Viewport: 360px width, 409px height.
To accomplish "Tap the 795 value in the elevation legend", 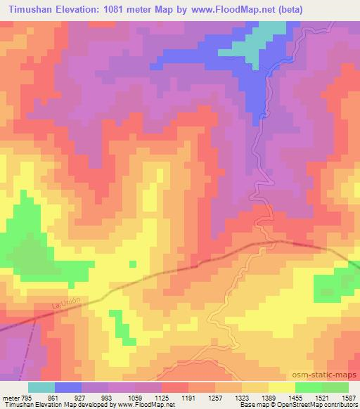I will (x=23, y=397).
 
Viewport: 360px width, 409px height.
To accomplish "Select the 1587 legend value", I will (x=347, y=397).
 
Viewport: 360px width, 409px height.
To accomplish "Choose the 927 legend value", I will (x=68, y=397).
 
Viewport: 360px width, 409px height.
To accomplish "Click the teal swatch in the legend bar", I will (x=41, y=387).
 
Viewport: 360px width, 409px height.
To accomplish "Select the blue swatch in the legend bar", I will (x=67, y=387).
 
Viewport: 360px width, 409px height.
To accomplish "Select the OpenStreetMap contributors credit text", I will (x=330, y=405).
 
